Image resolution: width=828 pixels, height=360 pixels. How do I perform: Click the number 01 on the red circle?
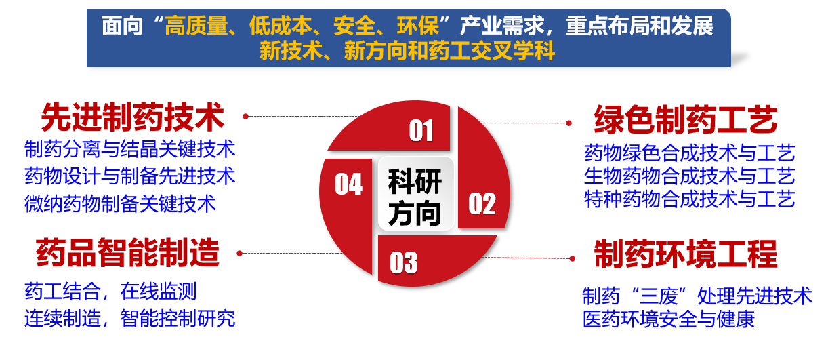421,131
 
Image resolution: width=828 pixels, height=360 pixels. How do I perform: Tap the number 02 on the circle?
482,204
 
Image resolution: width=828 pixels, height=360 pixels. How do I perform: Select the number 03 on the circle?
404,262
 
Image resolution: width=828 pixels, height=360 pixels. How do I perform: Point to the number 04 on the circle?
348,184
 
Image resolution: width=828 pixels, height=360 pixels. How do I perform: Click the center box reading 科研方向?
415,194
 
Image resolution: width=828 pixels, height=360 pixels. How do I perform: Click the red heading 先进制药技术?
133,117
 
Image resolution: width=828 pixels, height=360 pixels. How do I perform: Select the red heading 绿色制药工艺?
686,119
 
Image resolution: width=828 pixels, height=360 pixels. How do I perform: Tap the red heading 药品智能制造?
127,253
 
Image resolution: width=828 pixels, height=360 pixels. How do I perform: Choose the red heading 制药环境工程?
686,254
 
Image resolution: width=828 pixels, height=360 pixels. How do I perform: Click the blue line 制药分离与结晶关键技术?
129,149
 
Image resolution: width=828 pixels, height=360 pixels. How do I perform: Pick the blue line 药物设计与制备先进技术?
129,176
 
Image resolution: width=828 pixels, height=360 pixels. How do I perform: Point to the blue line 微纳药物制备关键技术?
120,203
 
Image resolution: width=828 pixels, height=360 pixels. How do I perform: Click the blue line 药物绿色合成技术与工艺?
689,153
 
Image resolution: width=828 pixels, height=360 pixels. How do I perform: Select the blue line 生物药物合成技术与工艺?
689,176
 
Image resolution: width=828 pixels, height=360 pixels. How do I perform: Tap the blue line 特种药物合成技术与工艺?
689,199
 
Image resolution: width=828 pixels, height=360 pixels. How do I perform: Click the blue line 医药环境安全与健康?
668,319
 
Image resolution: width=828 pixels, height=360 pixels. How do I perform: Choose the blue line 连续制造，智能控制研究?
129,318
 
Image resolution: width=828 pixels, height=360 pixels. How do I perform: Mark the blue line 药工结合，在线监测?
110,291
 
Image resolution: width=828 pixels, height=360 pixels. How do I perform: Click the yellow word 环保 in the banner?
418,26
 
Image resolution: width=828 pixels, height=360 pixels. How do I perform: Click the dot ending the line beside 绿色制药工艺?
569,123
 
